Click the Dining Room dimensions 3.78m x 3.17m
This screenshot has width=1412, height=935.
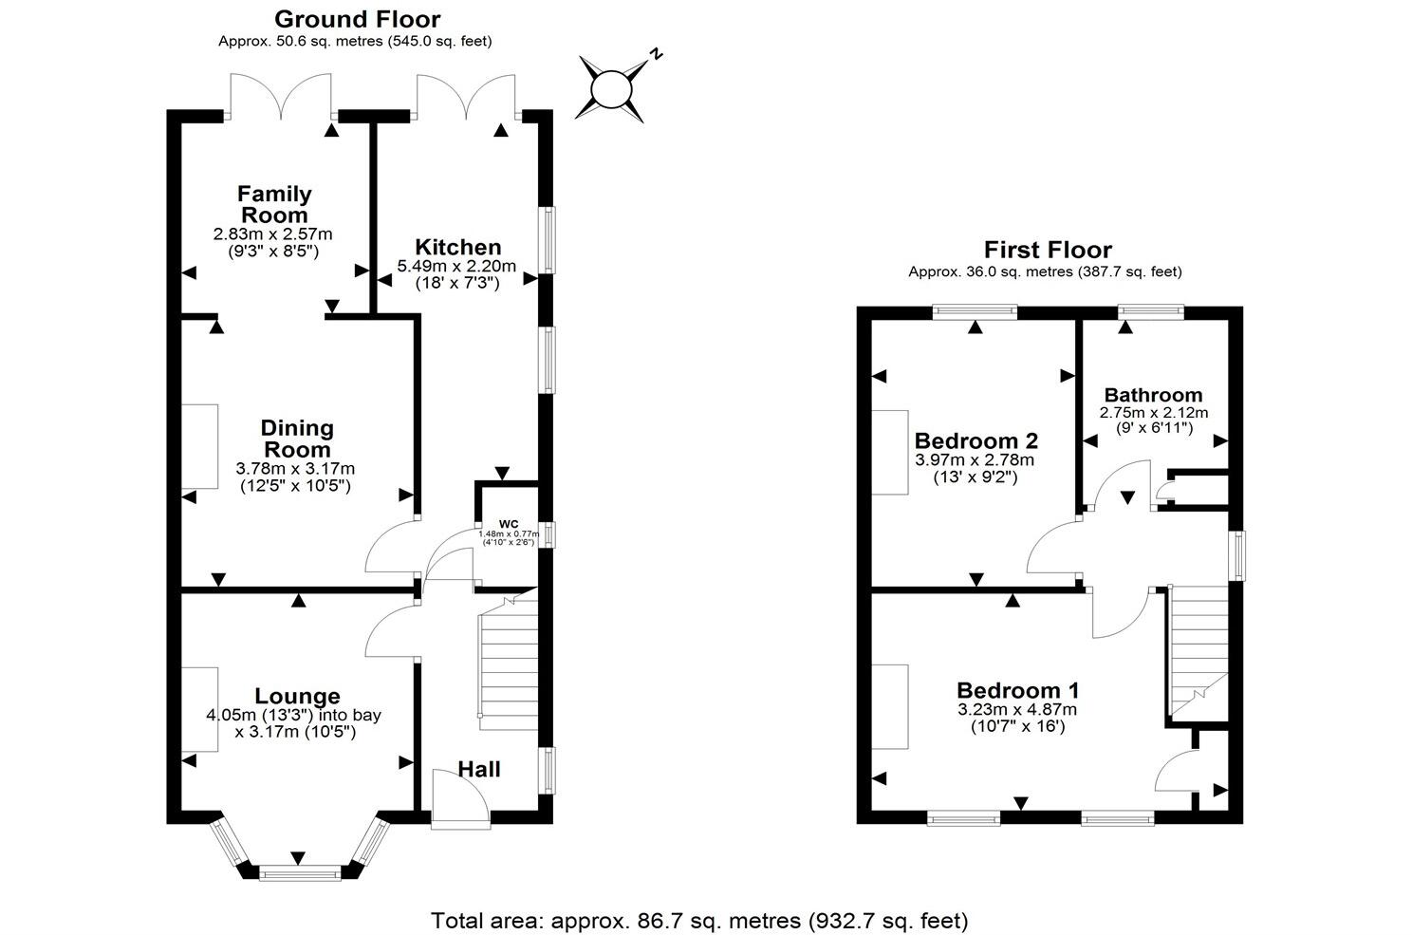[x=295, y=469]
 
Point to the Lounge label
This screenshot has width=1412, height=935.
[x=297, y=697]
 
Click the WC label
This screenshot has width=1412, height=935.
[x=509, y=524]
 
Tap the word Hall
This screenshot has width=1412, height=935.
[x=479, y=769]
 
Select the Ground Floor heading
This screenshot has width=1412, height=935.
[x=357, y=19]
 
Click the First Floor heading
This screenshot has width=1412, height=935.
[x=1047, y=250]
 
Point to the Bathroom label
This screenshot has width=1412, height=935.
[x=1153, y=395]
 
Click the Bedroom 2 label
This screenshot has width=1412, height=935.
[x=975, y=440]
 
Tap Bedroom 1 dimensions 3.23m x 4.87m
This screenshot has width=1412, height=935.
[x=1017, y=710]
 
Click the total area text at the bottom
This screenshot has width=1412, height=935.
[x=699, y=920]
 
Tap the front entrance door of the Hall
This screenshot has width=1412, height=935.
[x=460, y=797]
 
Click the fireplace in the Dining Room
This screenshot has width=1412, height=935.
[x=200, y=447]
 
